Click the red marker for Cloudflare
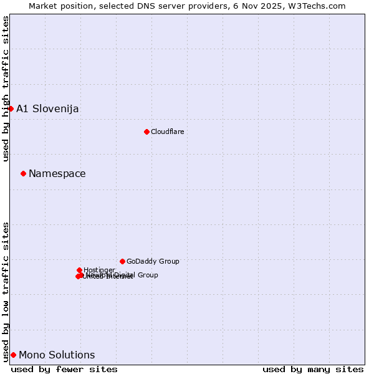[146, 132]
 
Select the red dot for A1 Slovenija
[11, 108]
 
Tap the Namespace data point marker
[23, 173]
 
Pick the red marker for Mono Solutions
[13, 355]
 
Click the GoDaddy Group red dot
[122, 261]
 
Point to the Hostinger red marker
[79, 270]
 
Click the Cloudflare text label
[167, 132]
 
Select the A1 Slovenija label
[47, 108]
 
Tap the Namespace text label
[57, 173]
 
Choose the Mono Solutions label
[57, 355]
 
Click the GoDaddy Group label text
[153, 261]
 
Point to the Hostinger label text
[99, 270]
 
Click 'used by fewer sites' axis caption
[64, 369]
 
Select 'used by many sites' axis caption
[313, 369]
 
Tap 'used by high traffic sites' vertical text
[6, 89]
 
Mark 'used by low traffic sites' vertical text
[6, 291]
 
